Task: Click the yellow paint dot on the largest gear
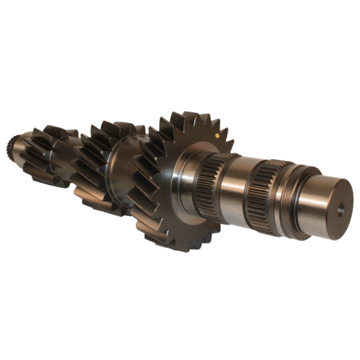click(x=219, y=137)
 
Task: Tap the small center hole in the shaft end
click(x=341, y=211)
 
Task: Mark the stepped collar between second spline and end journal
click(x=288, y=197)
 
